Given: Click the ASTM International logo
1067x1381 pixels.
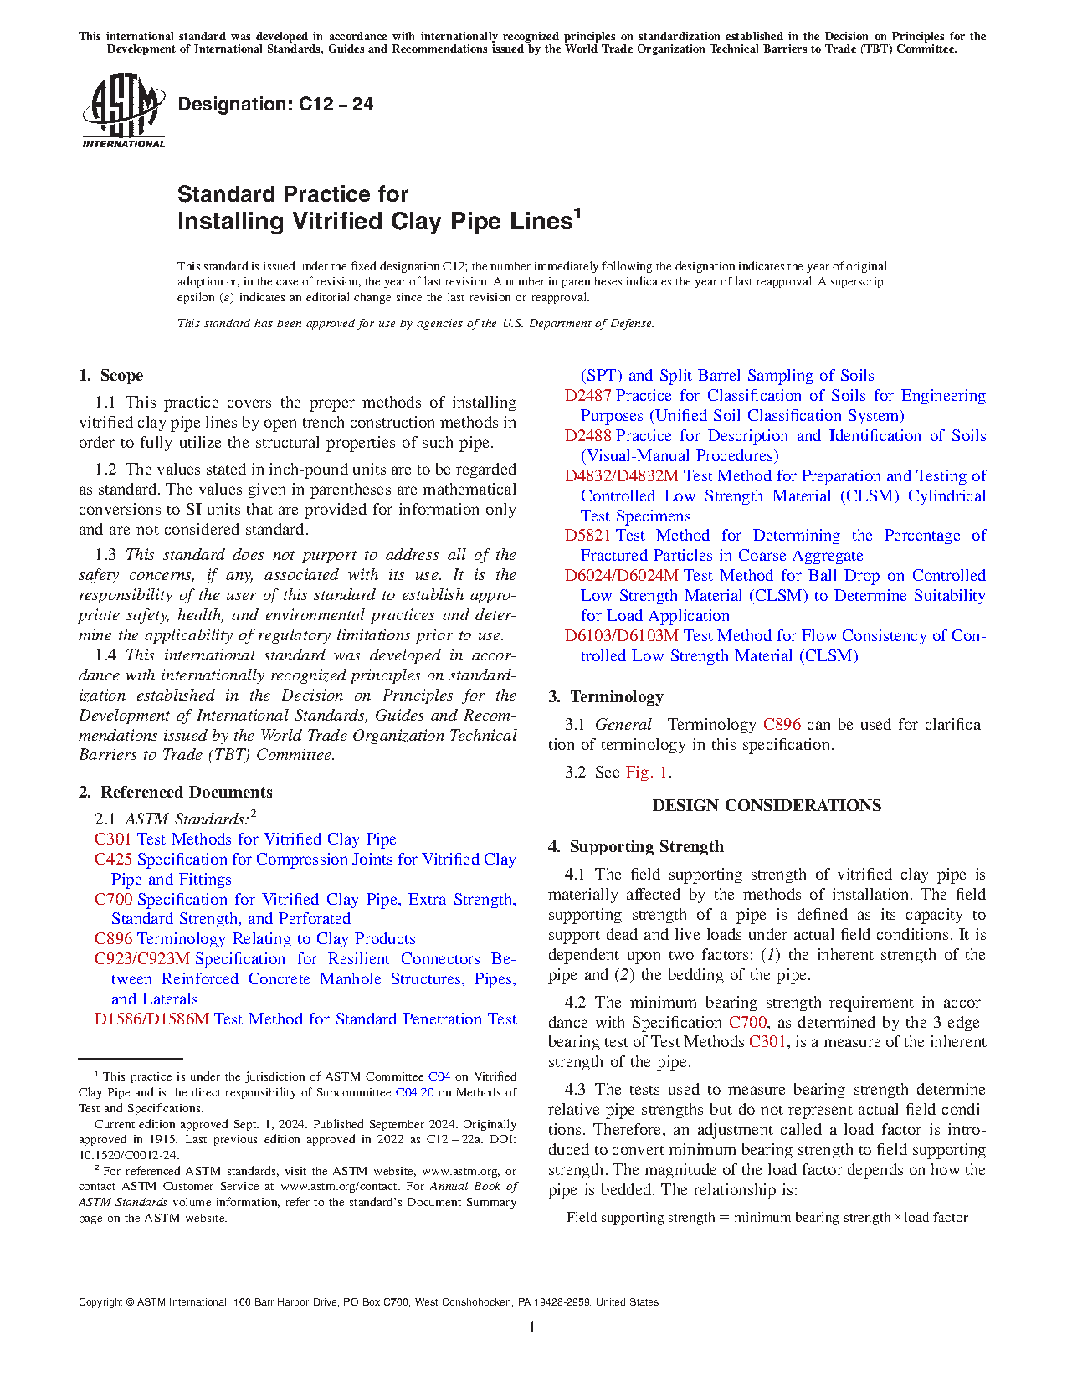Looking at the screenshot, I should click(123, 111).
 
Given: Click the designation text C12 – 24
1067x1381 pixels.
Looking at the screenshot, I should click(275, 105).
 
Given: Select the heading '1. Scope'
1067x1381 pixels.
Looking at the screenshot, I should click(111, 376).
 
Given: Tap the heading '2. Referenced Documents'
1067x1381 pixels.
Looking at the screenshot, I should click(176, 793).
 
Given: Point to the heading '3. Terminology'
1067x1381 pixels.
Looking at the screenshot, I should click(606, 697).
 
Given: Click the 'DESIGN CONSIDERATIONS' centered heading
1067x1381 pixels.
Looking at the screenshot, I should click(767, 806).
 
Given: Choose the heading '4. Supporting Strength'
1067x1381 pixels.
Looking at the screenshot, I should click(636, 847).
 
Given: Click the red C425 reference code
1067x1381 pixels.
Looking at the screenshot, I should click(114, 860).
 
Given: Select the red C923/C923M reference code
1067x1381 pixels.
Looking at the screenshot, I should click(142, 959).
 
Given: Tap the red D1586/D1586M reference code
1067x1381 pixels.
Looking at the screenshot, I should click(151, 1019).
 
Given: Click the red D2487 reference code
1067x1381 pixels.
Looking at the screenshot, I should click(587, 396).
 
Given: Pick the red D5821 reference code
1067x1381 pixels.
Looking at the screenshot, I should click(587, 536).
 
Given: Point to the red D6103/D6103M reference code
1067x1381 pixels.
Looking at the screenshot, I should click(621, 636).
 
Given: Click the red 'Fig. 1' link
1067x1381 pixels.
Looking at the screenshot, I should click(647, 773).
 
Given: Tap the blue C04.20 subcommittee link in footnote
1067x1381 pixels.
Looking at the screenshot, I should click(414, 1093).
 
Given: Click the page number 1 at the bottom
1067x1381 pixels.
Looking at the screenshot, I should click(532, 1326).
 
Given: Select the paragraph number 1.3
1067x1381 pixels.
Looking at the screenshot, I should click(105, 555).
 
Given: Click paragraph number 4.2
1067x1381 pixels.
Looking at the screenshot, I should click(575, 1003).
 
